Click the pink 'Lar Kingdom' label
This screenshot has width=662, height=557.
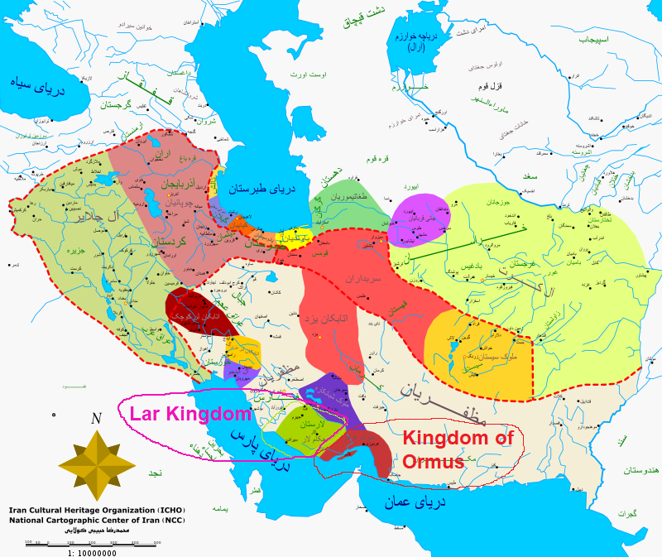coord(189,415)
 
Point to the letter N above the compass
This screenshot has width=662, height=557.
coord(97,419)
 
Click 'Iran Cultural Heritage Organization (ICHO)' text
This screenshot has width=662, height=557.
coord(87,511)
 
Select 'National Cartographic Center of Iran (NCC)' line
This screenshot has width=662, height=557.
coord(85,521)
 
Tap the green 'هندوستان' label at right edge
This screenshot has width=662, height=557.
coord(637,470)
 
